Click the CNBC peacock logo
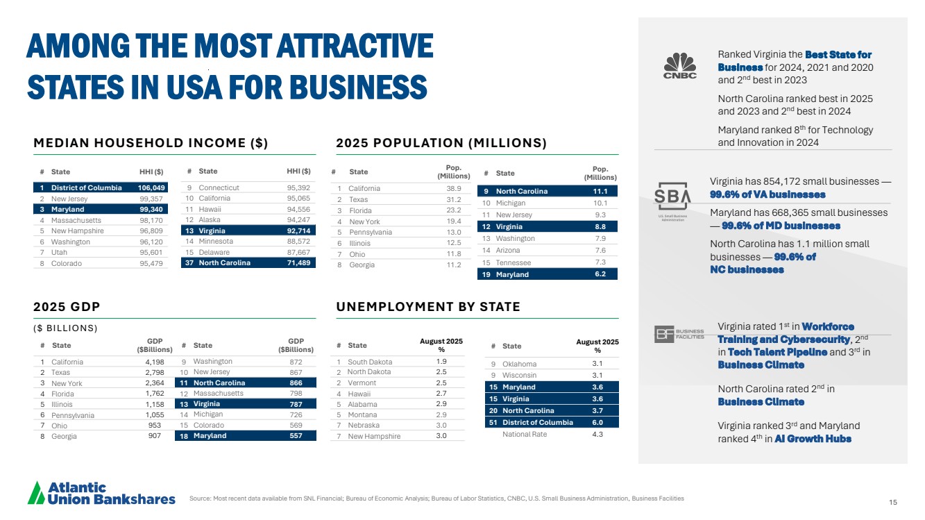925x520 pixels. [x=680, y=65]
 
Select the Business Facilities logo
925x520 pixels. [x=679, y=335]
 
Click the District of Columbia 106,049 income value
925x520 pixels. [x=152, y=187]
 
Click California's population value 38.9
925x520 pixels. [x=455, y=188]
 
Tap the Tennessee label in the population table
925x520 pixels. [x=513, y=262]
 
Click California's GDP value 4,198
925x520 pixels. [x=155, y=362]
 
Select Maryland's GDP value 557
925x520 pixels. [x=296, y=436]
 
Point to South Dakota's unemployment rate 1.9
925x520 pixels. [x=441, y=361]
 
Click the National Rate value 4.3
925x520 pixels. [x=597, y=434]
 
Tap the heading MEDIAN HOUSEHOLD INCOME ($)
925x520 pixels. [x=151, y=144]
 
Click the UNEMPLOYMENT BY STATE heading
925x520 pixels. [x=427, y=307]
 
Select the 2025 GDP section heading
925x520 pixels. [x=67, y=307]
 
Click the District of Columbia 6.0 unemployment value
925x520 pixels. [x=597, y=422]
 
